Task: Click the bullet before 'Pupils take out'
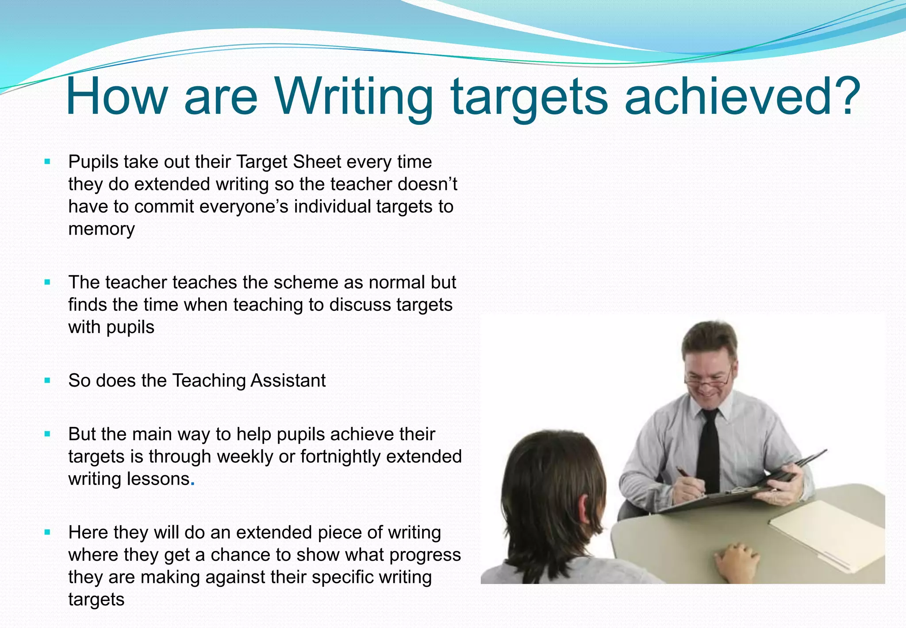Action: coord(48,162)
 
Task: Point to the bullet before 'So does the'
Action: coord(48,380)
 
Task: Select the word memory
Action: coord(101,229)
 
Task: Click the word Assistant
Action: coord(288,380)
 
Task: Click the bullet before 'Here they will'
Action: coord(48,532)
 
